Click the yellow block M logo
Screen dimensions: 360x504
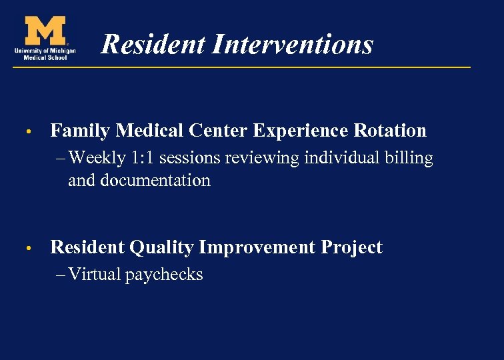coord(45,31)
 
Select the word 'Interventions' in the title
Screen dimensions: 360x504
coord(293,45)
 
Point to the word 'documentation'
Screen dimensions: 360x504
coord(155,181)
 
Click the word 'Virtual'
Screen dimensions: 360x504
coord(94,275)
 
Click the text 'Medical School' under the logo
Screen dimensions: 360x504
coord(44,57)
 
